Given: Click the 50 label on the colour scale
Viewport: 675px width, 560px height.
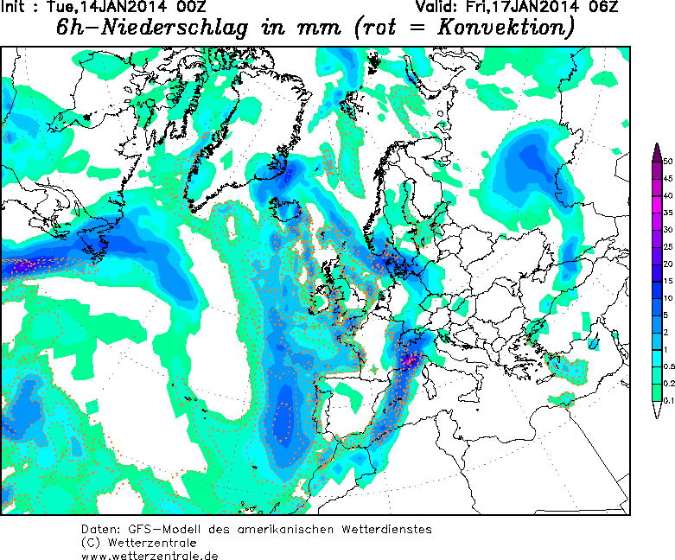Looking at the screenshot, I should [668, 162].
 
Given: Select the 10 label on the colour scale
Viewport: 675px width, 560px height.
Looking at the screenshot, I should [668, 297].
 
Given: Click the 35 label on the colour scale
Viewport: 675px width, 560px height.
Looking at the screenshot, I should [668, 212].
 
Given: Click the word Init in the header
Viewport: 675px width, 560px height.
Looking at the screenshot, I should [19, 8].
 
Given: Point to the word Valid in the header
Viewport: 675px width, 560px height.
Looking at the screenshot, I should [435, 8].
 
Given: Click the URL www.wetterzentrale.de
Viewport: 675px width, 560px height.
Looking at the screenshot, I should [150, 555].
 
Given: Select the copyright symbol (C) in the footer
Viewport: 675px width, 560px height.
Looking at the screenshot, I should [92, 542].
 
